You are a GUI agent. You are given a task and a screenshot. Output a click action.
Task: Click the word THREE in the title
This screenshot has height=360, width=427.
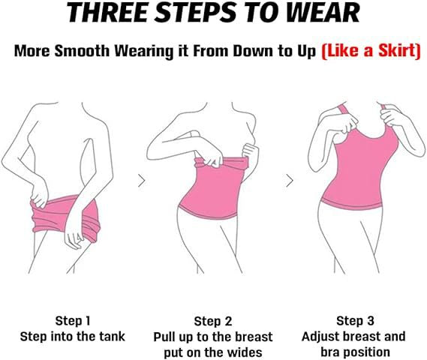tap(108, 12)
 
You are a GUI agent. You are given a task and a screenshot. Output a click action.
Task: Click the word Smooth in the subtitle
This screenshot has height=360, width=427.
tap(82, 50)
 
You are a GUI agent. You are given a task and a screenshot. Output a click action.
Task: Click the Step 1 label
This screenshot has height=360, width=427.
tap(73, 320)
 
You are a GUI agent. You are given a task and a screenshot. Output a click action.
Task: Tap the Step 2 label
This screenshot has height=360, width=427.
tap(213, 321)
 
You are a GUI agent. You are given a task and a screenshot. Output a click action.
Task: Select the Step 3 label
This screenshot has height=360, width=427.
tap(355, 320)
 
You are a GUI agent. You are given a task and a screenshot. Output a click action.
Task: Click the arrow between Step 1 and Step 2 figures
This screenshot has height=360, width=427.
tap(142, 181)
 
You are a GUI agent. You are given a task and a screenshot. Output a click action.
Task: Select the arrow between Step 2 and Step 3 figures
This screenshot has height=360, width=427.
tap(290, 181)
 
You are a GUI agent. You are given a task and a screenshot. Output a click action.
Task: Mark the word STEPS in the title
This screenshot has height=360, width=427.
tap(194, 12)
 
